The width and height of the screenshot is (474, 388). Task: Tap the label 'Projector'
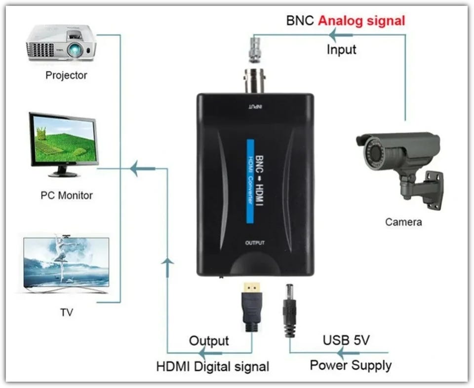pos(66,75)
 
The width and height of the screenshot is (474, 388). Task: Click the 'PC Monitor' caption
pos(66,195)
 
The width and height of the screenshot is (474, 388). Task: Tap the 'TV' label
pos(66,312)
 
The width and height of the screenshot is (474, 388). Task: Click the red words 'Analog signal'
pos(361,21)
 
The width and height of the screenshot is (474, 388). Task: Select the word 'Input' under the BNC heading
pos(341,49)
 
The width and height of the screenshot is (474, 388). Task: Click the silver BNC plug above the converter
pos(255,49)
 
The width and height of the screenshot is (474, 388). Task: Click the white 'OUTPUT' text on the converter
pos(255,243)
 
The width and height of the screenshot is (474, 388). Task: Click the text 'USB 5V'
pos(346,340)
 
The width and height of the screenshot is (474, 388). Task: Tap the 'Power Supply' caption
pos(351,365)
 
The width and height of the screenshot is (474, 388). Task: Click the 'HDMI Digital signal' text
pos(213,367)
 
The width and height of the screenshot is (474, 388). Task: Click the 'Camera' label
pos(403,222)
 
